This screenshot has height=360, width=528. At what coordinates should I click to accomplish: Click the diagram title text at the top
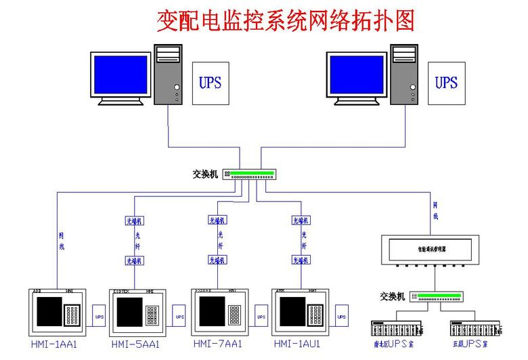[x=285, y=21]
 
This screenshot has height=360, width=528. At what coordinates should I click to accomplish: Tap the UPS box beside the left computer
[x=210, y=84]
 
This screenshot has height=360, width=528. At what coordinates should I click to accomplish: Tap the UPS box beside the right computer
[x=446, y=84]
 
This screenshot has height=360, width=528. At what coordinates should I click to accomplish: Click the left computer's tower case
[x=169, y=74]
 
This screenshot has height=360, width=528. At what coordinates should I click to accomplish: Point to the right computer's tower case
[x=405, y=74]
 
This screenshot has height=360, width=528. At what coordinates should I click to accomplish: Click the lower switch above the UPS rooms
[x=439, y=296]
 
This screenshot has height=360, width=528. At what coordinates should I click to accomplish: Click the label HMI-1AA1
[x=54, y=344]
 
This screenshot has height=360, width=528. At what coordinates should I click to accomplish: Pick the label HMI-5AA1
[x=135, y=344]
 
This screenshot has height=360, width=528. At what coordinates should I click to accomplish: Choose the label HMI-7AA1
[x=218, y=344]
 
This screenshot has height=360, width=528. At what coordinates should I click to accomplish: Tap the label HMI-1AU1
[x=297, y=344]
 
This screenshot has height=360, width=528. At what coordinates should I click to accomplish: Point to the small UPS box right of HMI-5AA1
[x=179, y=316]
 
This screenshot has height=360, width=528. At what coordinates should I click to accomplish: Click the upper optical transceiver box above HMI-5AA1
[x=135, y=221]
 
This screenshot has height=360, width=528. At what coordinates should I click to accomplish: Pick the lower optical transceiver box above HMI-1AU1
[x=301, y=260]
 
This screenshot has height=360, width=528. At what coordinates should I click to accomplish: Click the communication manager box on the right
[x=431, y=249]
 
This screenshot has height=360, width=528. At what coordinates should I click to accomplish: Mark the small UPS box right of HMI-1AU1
[x=341, y=316]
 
